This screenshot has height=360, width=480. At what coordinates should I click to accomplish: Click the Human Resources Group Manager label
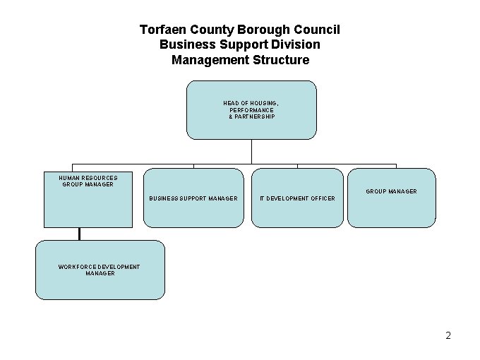[x=88, y=181]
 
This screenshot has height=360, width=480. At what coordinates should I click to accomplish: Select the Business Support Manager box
[x=193, y=198]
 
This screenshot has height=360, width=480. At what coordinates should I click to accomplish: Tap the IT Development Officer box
[x=297, y=198]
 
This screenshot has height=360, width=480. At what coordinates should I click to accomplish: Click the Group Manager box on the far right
[x=391, y=198]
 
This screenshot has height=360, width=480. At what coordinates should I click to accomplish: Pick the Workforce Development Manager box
[x=100, y=270]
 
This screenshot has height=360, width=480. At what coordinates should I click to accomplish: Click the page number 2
[x=448, y=335]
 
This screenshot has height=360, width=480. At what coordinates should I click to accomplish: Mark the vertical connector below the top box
[x=251, y=152]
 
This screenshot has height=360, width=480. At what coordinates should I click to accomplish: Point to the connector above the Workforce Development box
[x=80, y=234]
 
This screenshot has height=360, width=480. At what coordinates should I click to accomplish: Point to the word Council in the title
[x=316, y=30]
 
